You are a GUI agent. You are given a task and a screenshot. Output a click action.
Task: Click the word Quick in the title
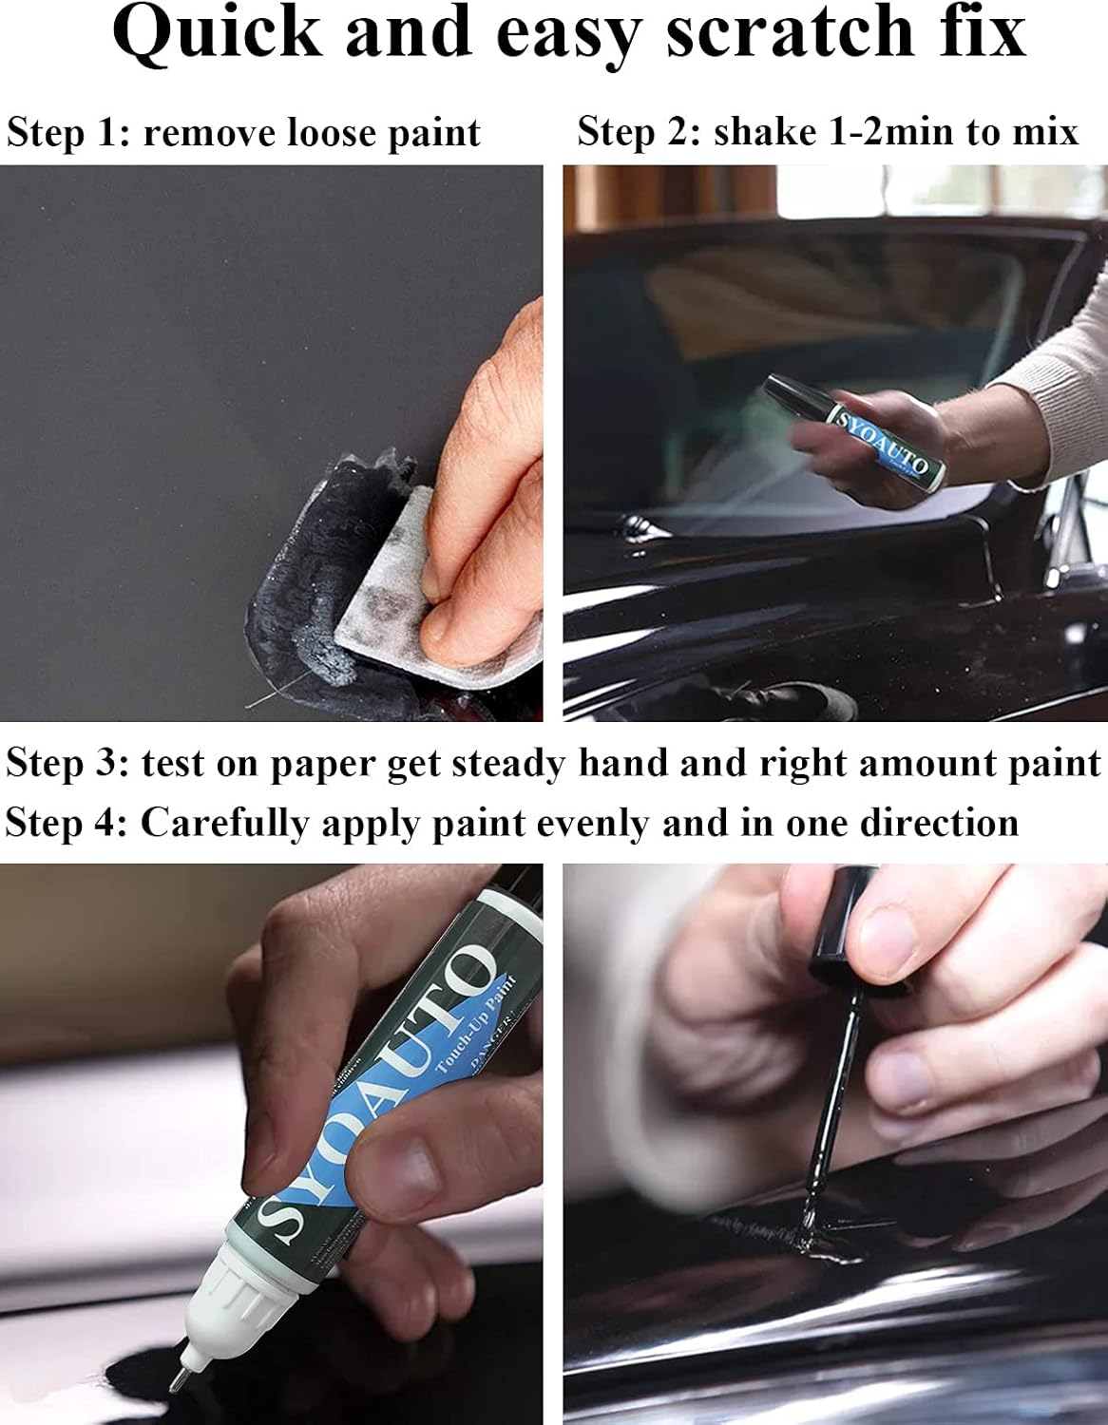217,35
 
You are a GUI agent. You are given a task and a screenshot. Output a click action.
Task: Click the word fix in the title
980,33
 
